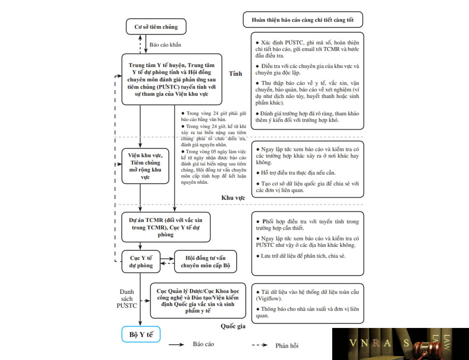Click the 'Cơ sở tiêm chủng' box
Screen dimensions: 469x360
click(x=156, y=27)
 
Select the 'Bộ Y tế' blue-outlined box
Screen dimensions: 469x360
click(x=141, y=334)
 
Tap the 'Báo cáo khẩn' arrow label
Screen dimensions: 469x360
click(x=165, y=45)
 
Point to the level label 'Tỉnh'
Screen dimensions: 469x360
click(x=235, y=73)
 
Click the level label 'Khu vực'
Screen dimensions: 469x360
click(x=233, y=198)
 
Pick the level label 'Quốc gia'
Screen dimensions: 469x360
click(x=233, y=326)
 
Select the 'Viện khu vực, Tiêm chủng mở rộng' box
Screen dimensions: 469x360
click(x=145, y=166)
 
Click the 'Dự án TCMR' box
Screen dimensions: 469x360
click(x=166, y=227)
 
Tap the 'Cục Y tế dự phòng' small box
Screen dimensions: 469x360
click(x=141, y=261)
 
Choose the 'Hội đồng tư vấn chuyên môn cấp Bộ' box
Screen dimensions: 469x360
click(x=206, y=261)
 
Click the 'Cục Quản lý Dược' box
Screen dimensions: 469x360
click(x=198, y=301)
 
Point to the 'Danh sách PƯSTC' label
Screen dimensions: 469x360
click(x=127, y=299)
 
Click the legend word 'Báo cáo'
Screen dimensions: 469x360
click(x=203, y=344)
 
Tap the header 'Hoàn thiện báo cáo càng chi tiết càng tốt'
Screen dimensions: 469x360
click(x=303, y=20)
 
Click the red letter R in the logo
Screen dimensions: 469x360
click(x=376, y=343)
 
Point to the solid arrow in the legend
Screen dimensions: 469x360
click(x=176, y=345)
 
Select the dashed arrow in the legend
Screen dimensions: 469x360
click(x=260, y=345)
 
